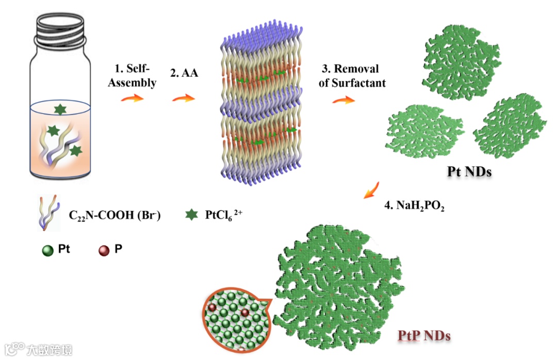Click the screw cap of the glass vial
pos(61,29)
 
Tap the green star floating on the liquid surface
pos(60,109)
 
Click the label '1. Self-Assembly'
pos(132,75)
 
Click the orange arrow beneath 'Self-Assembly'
pos(131,97)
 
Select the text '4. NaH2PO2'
pos(414,206)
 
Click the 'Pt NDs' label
pos(469,171)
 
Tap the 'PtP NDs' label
pos(424,336)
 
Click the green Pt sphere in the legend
pos(48,251)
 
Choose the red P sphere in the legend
pos(104,251)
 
